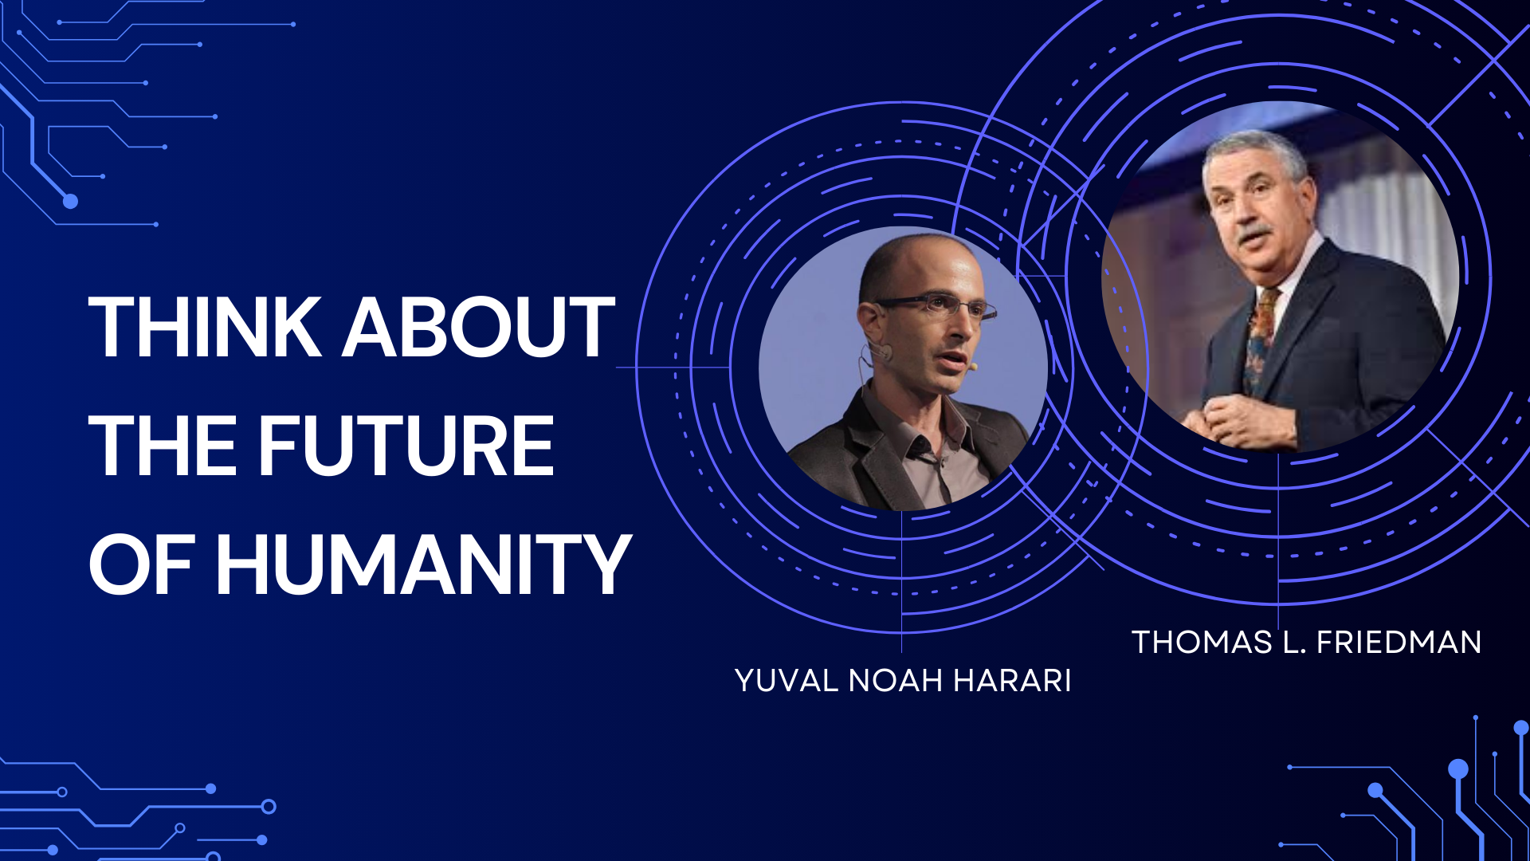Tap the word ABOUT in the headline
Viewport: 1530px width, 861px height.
[479, 327]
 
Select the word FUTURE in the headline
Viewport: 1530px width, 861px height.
[406, 446]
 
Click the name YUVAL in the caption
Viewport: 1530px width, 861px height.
[787, 681]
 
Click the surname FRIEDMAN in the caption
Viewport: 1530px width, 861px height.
[1399, 643]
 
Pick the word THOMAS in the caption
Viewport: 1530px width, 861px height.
[1202, 643]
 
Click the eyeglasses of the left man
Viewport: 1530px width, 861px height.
[936, 306]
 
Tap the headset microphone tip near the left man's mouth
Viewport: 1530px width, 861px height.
[973, 367]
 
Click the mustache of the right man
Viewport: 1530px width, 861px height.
[1253, 234]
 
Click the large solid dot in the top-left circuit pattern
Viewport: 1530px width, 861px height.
[70, 201]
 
